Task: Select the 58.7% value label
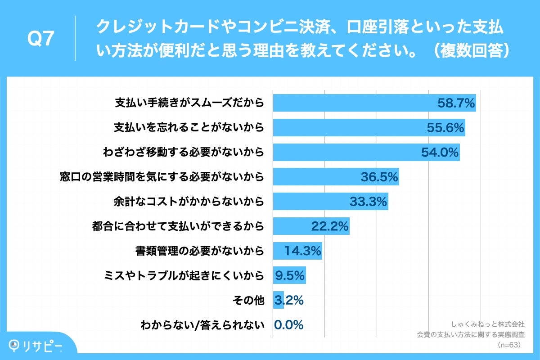[456, 103]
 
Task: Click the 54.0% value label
[440, 153]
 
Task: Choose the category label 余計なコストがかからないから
[189, 202]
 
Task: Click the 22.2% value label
[330, 227]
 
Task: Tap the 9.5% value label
[290, 275]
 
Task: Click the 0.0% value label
[289, 324]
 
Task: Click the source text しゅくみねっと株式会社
[487, 324]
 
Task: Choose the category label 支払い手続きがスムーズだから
[189, 103]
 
